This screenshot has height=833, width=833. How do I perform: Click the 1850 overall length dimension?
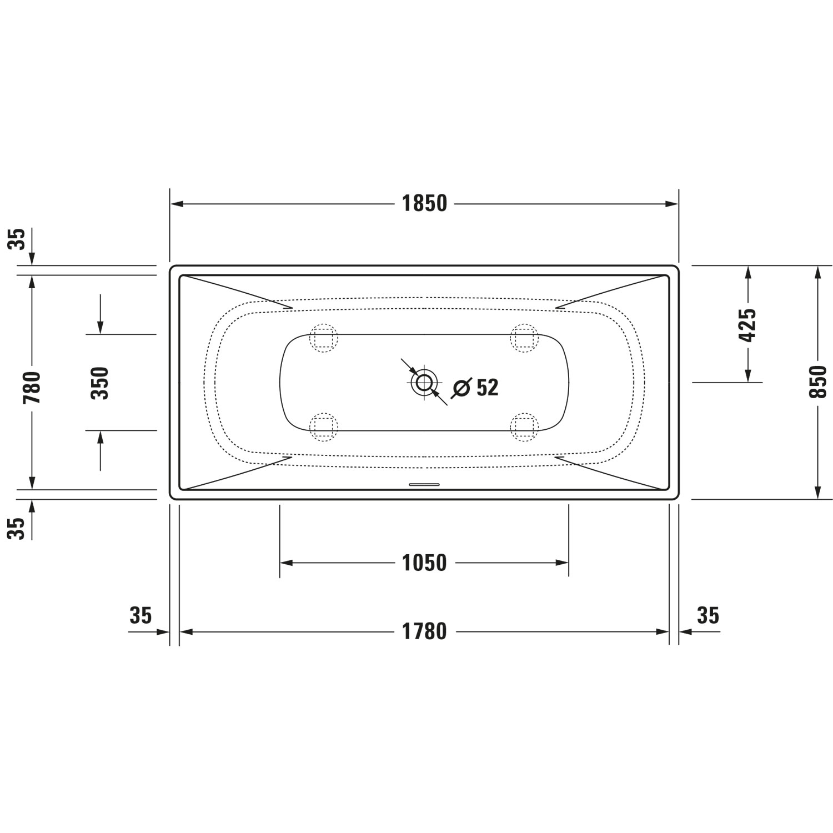coord(424,204)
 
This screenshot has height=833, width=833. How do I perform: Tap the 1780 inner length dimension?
coord(424,631)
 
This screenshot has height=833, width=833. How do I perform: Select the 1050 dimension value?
coord(424,563)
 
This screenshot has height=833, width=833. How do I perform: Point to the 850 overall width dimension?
coord(817,382)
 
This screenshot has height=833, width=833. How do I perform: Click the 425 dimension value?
coord(748,325)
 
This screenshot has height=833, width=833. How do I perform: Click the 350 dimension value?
coord(101,383)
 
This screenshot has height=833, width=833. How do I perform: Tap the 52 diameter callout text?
coord(487,388)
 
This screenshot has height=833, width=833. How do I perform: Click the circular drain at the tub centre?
coord(424,382)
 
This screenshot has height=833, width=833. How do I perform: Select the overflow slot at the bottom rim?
coord(424,484)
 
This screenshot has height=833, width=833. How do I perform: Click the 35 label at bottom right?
coord(707,616)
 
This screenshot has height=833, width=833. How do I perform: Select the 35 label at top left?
coord(19,239)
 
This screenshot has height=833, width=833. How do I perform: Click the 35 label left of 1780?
coord(140,616)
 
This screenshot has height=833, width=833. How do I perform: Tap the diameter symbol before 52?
coord(462,388)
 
